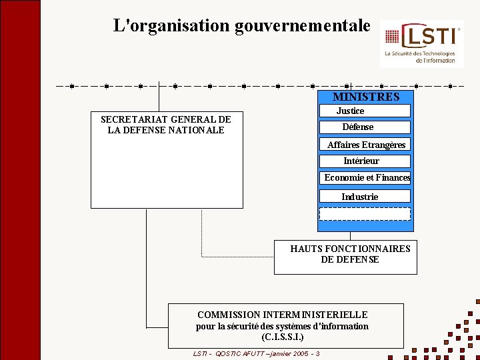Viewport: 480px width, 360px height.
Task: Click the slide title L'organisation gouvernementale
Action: (x=241, y=26)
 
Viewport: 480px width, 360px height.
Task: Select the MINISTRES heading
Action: (x=366, y=97)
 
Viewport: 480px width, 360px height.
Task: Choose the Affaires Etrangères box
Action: (x=365, y=145)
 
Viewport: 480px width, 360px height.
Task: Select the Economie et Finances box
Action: (x=366, y=177)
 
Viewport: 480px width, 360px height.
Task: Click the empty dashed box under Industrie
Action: (x=365, y=214)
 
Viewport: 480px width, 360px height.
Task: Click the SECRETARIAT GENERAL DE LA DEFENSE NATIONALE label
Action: (x=165, y=125)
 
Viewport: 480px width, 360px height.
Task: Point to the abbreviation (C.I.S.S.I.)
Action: (x=283, y=338)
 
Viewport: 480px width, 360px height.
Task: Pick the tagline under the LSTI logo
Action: (x=421, y=57)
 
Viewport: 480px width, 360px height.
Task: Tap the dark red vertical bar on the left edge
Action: (x=20, y=180)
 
